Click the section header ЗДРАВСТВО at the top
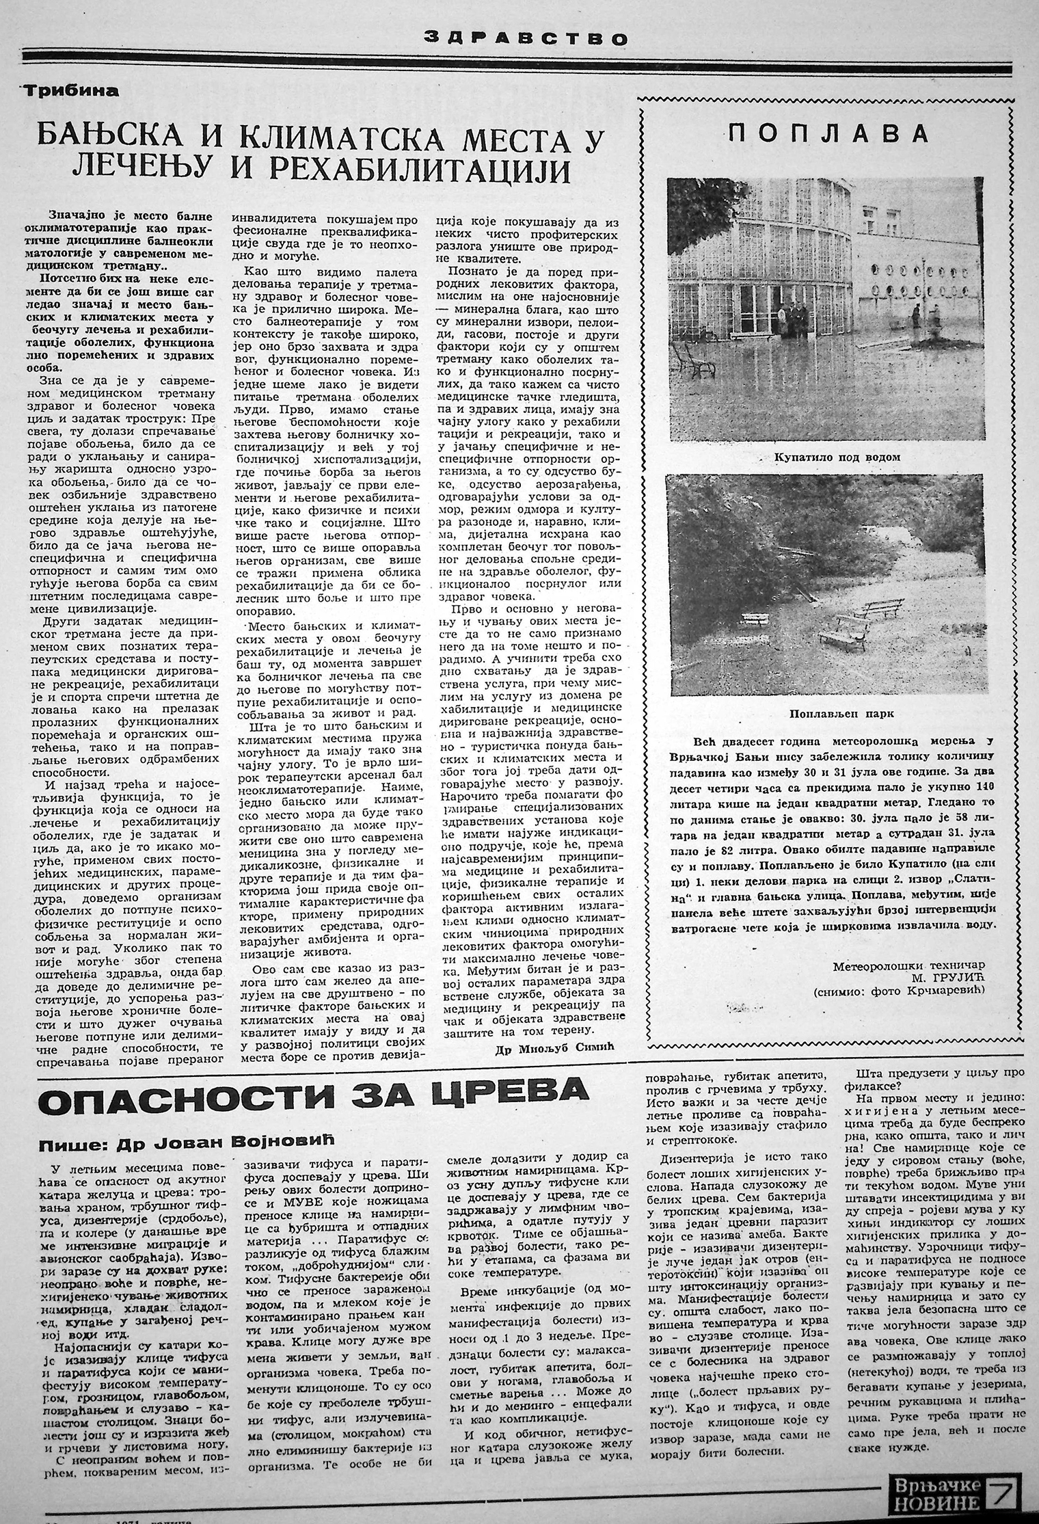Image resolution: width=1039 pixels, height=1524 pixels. [x=525, y=39]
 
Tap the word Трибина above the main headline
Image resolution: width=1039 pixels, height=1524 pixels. [x=70, y=90]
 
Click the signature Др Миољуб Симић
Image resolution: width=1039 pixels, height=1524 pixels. [x=558, y=1052]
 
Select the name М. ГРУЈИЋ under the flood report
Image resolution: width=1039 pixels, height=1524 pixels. [x=944, y=979]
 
